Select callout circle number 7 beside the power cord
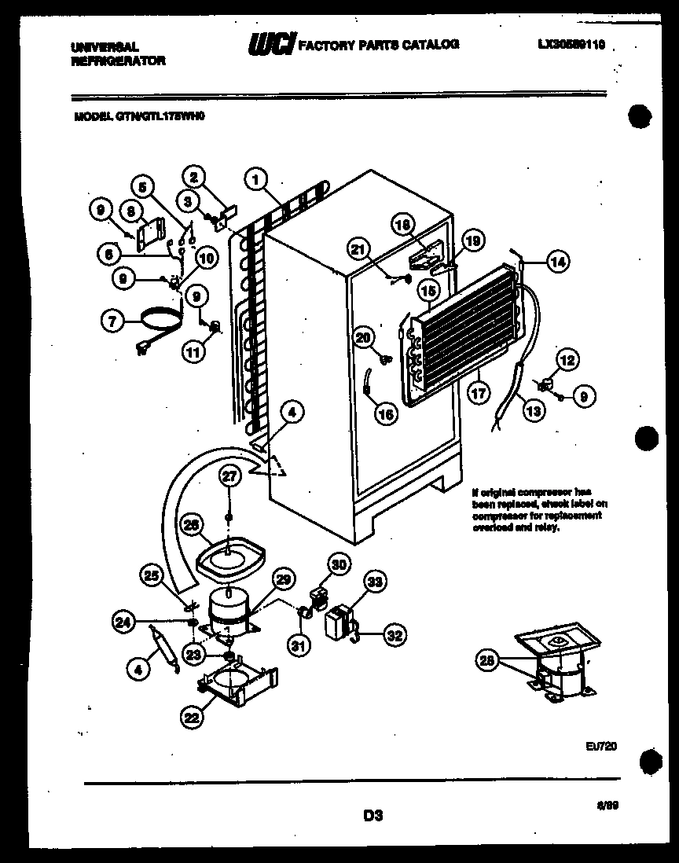pos(112,320)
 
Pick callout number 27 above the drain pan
pos(227,476)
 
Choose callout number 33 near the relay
pos(375,582)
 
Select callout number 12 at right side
pos(567,361)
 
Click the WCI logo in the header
pos(270,46)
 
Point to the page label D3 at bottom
pos(373,816)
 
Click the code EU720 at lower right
pos(600,746)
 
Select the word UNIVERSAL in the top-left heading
pos(105,47)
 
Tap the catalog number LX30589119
pos(571,46)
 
